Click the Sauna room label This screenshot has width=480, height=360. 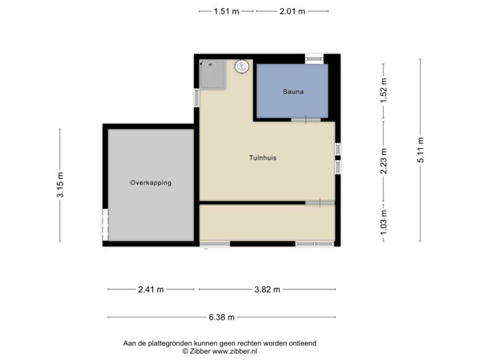[x=293, y=93]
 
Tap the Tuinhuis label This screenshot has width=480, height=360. [x=263, y=158]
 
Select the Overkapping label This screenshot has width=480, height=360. [x=151, y=182]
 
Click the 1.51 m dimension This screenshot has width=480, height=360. [x=226, y=11]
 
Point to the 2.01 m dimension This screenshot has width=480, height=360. [x=293, y=11]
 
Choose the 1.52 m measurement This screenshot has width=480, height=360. [x=383, y=91]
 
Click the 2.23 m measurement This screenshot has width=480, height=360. [x=383, y=161]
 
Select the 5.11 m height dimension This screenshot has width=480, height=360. [x=421, y=150]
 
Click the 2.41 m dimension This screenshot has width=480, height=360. [x=151, y=289]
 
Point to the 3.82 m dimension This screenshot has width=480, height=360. [x=267, y=289]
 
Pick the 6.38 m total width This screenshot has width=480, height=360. [x=221, y=318]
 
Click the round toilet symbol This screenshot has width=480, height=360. [x=241, y=66]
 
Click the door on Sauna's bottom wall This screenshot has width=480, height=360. [x=306, y=120]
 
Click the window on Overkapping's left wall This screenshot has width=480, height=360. [x=105, y=224]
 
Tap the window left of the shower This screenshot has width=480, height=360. [x=196, y=98]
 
